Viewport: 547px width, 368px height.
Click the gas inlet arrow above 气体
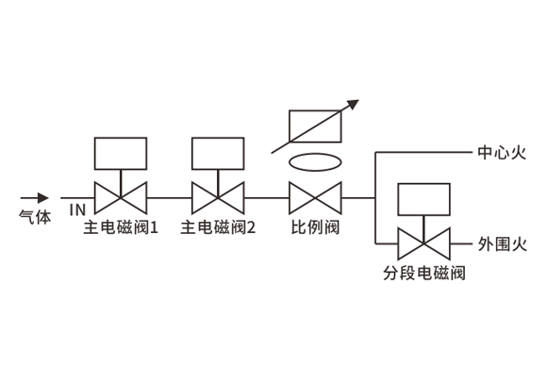[x=34, y=198]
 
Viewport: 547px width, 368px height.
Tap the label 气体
[x=35, y=217]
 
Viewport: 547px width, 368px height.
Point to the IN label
[x=77, y=209]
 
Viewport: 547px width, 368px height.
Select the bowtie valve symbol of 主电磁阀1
[x=121, y=198]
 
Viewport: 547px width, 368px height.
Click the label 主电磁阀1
[x=121, y=227]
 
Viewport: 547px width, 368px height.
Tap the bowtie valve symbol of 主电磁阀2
[x=218, y=198]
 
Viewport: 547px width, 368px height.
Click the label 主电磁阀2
[x=218, y=227]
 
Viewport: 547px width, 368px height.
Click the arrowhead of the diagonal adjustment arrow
[x=353, y=105]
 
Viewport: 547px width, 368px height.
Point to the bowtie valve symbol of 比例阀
[x=315, y=198]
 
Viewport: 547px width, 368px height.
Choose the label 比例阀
[x=315, y=227]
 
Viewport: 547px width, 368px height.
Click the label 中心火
[x=502, y=153]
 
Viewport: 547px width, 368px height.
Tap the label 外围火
[x=502, y=244]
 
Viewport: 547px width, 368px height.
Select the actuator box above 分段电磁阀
[x=423, y=199]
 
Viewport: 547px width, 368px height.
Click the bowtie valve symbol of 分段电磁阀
[x=423, y=243]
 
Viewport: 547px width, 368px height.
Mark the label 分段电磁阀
[x=424, y=273]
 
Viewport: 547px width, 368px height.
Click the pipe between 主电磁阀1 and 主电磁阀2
[x=169, y=198]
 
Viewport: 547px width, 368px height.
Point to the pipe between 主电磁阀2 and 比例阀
[x=267, y=198]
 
